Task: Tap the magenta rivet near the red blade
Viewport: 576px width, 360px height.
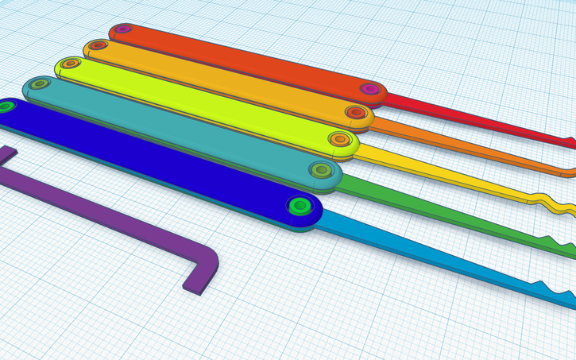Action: click(369, 89)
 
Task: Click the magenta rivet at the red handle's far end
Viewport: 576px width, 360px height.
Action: click(122, 29)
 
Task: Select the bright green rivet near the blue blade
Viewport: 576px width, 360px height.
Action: click(300, 206)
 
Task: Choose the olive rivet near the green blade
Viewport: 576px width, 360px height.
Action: click(321, 169)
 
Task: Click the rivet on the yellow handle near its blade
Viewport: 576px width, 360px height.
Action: click(340, 139)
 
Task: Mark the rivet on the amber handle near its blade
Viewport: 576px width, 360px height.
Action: click(355, 112)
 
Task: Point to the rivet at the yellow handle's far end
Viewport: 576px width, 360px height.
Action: click(70, 63)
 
